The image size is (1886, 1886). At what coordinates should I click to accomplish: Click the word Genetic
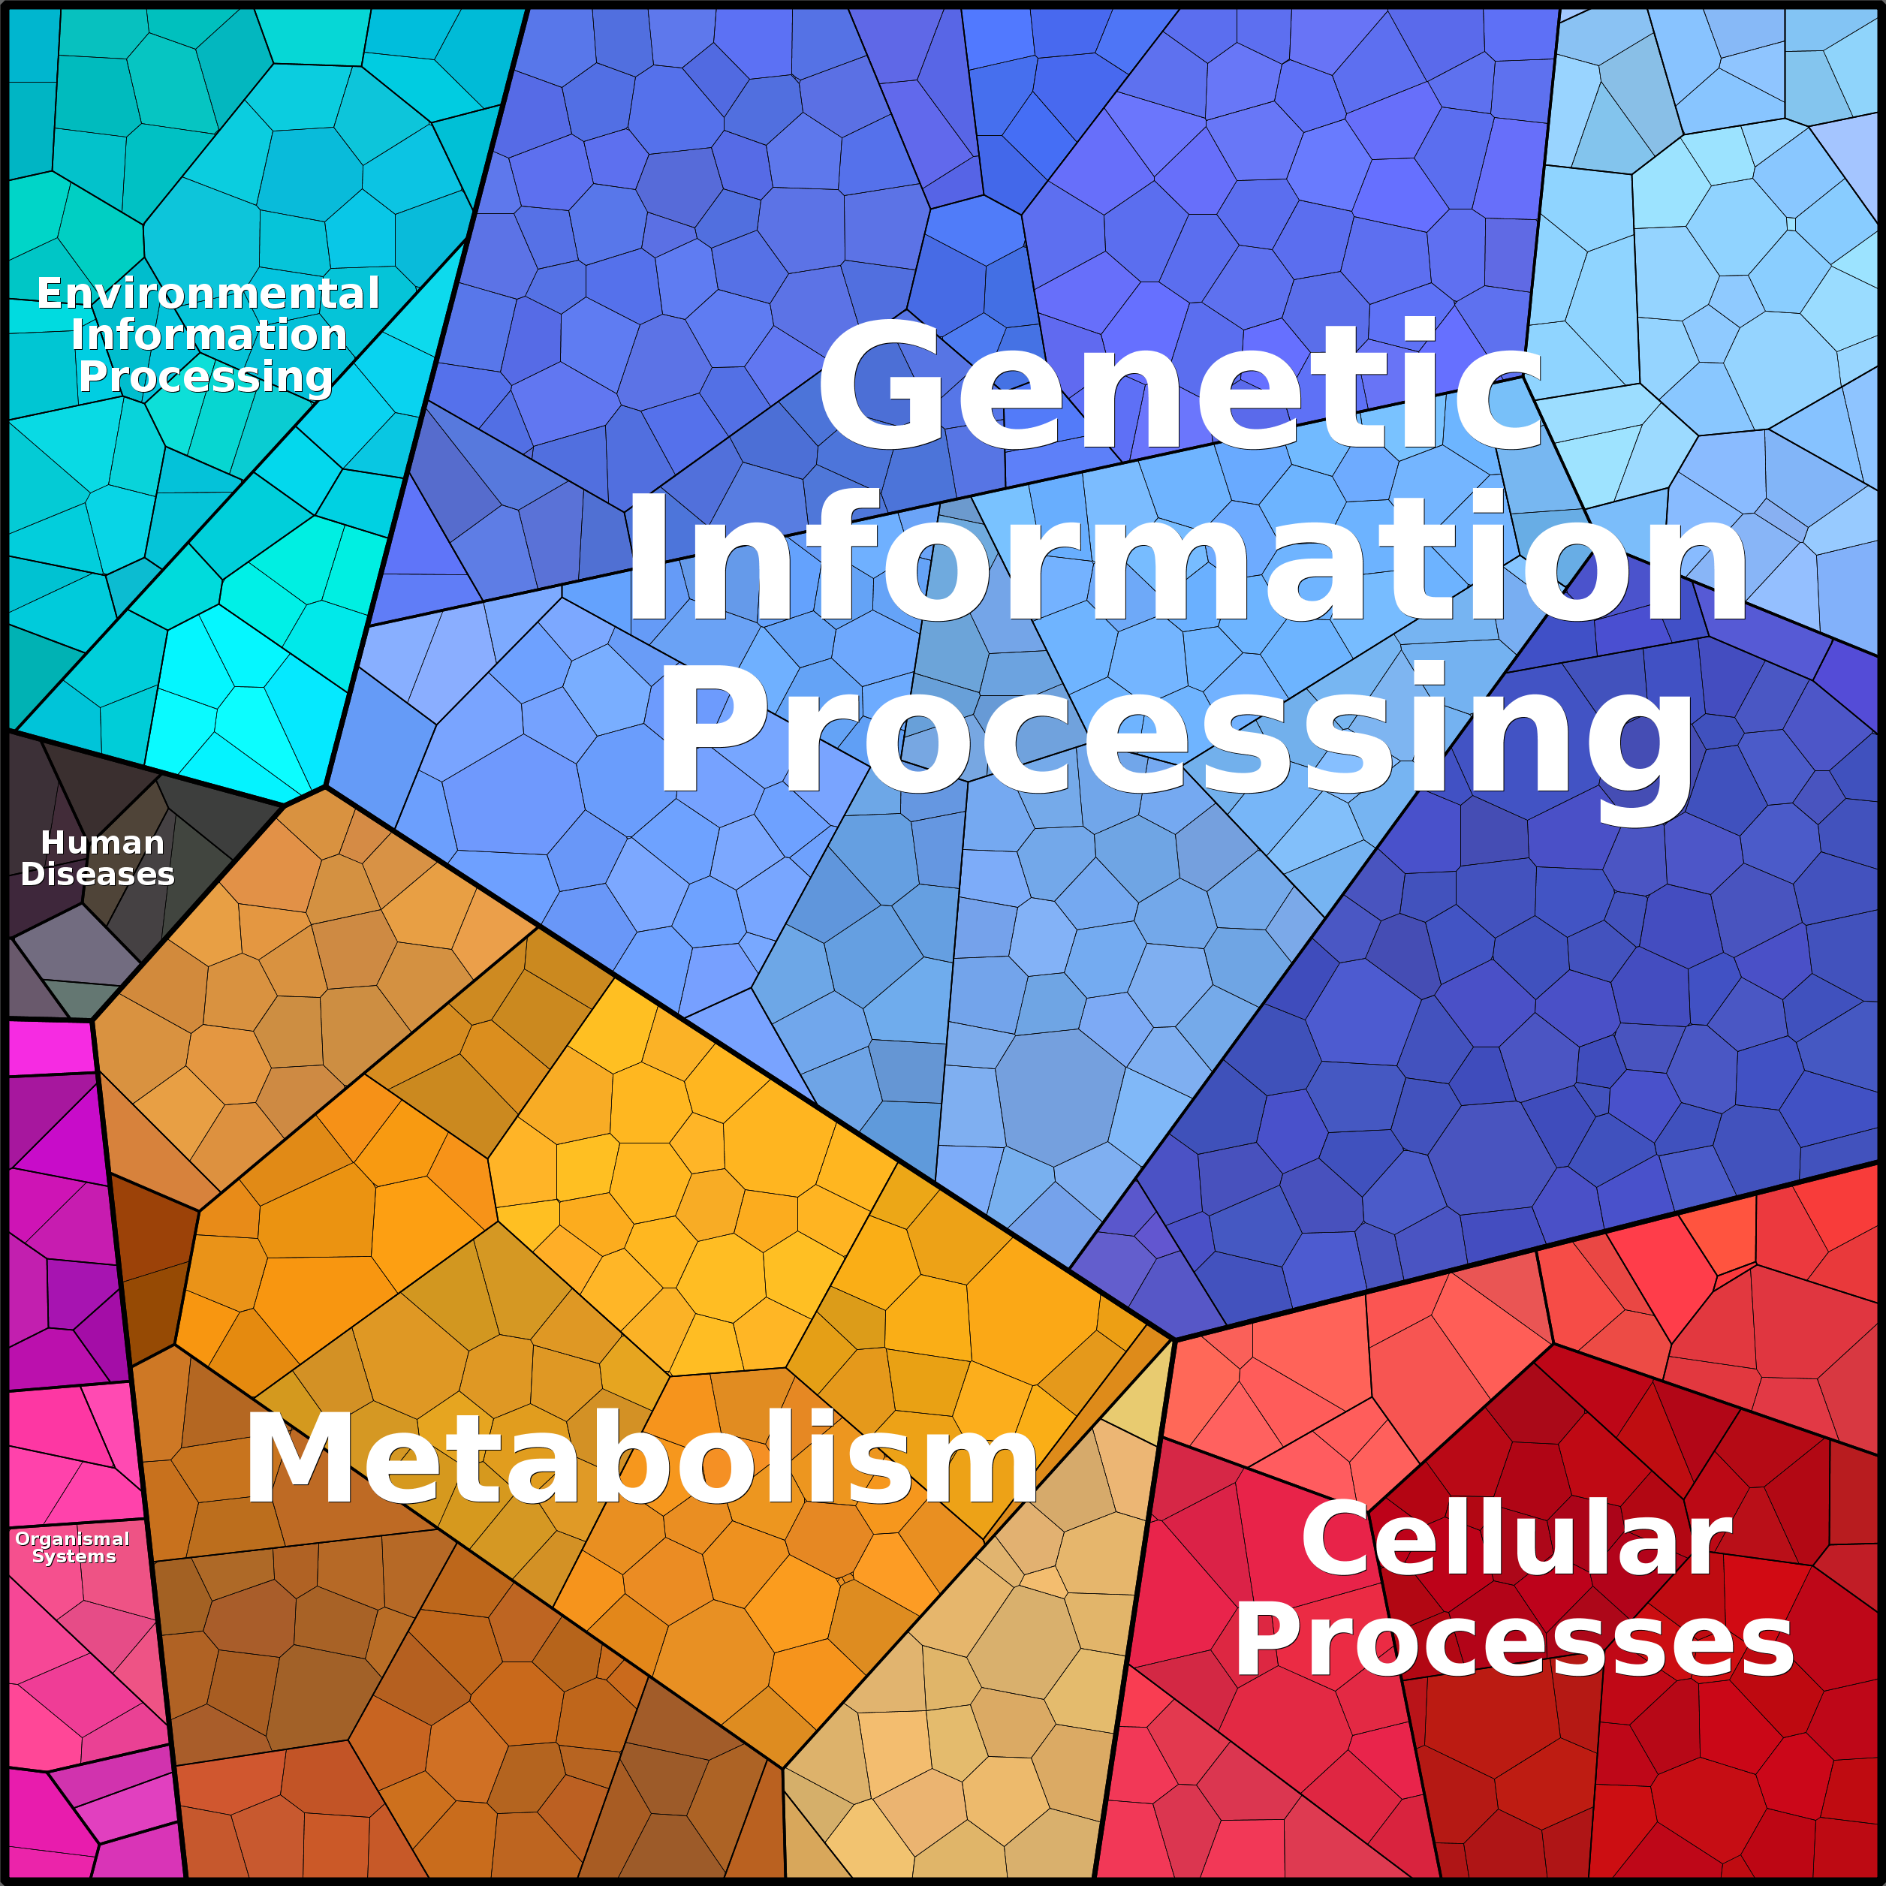[x=1180, y=386]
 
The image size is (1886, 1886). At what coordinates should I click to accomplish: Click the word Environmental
[x=208, y=294]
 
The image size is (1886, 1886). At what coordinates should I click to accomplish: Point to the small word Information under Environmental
[x=209, y=335]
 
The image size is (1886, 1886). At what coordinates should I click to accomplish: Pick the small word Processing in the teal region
[x=205, y=378]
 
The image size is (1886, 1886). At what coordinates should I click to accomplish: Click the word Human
[x=103, y=842]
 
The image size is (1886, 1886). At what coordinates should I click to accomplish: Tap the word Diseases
[x=98, y=874]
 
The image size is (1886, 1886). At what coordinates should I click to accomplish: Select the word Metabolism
[x=641, y=1460]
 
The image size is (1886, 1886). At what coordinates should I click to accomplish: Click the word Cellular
[x=1516, y=1541]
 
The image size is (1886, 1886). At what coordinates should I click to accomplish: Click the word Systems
[x=74, y=1556]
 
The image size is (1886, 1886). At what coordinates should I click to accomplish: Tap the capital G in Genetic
[x=878, y=386]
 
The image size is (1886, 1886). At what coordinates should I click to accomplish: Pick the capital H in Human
[x=52, y=842]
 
